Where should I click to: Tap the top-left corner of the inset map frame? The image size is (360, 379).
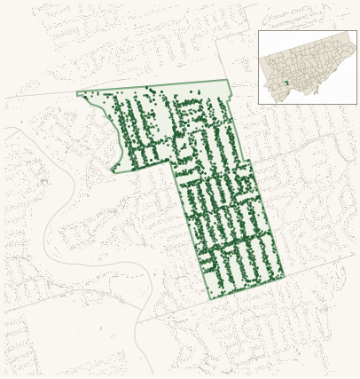point(258,31)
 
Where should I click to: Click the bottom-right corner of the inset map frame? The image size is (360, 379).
point(356,104)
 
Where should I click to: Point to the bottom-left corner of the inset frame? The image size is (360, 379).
point(258,104)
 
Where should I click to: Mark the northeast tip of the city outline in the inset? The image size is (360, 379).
point(348,34)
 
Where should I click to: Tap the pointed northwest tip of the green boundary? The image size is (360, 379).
point(77,93)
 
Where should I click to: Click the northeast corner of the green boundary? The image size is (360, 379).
point(228,81)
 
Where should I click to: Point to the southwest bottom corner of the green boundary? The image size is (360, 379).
point(210,299)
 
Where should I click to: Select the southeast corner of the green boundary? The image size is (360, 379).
point(284,275)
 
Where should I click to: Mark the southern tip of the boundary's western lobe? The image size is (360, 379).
point(113,170)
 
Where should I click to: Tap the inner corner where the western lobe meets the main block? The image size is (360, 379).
point(172,162)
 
